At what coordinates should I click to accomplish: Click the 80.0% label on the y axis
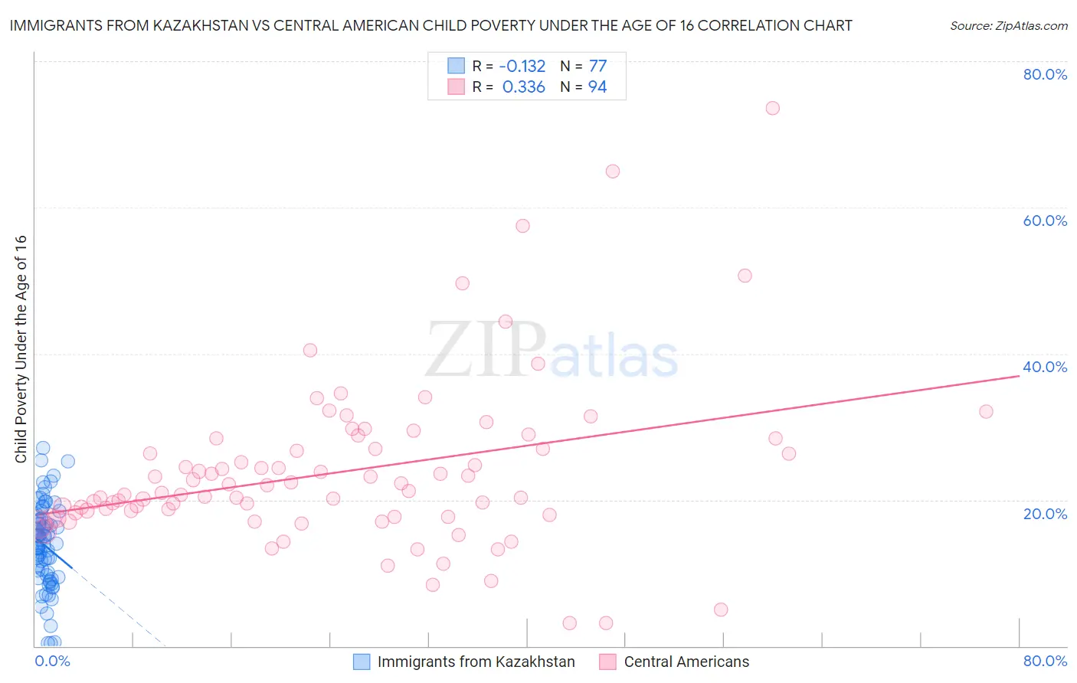[1045, 74]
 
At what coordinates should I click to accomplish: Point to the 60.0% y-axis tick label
[1045, 221]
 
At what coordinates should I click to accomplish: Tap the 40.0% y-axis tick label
[1045, 367]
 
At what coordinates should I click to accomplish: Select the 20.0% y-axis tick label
[1045, 514]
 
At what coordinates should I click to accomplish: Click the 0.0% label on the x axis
[52, 662]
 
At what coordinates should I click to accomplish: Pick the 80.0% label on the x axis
[1045, 662]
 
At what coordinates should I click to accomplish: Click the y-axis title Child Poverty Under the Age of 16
[21, 348]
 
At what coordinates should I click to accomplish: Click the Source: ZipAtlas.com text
[1008, 26]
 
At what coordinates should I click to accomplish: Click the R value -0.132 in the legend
[522, 67]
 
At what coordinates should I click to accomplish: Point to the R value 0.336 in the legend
[524, 87]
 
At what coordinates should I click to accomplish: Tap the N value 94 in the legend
[597, 87]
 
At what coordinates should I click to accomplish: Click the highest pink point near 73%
[772, 108]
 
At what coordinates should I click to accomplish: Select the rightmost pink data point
[986, 412]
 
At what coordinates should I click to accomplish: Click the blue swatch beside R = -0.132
[456, 66]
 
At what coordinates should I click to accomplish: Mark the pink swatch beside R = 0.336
[456, 87]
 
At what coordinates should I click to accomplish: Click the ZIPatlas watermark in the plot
[552, 351]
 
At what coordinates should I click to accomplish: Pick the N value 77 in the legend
[597, 67]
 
